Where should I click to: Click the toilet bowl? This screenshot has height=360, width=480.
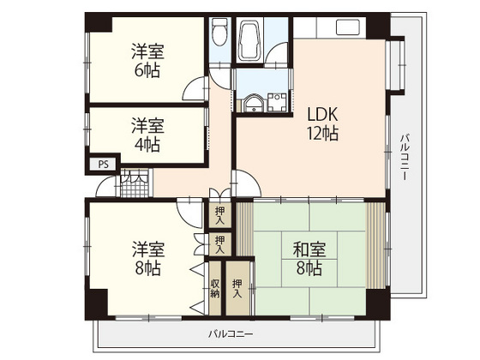[219, 36]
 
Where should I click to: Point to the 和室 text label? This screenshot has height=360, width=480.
[308, 250]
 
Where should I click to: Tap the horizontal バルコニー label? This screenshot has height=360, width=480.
[231, 333]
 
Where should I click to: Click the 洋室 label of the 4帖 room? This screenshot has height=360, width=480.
[146, 125]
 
